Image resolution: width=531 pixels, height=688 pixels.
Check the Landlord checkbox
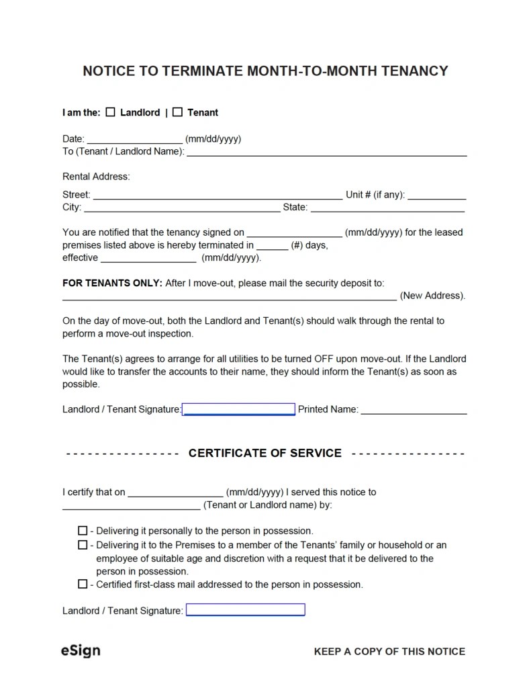click(x=111, y=112)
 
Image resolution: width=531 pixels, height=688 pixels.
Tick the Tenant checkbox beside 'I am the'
click(x=177, y=112)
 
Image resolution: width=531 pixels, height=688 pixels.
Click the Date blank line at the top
click(x=134, y=140)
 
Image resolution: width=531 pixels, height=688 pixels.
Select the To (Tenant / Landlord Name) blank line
click(x=326, y=152)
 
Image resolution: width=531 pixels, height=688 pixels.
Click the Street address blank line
click(x=218, y=195)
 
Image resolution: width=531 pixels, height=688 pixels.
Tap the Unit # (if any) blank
click(x=436, y=195)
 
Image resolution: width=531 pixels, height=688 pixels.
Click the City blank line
click(x=181, y=208)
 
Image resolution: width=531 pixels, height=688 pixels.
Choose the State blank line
click(x=388, y=208)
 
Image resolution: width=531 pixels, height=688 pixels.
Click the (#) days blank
click(x=272, y=245)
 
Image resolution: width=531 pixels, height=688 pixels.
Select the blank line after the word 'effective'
click(x=148, y=258)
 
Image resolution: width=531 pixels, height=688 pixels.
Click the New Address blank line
click(x=229, y=296)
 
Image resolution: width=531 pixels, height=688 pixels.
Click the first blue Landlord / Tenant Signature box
click(x=238, y=409)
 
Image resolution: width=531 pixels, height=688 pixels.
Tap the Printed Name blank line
click(x=414, y=409)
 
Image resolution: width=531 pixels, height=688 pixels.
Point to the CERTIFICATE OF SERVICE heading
click(x=264, y=453)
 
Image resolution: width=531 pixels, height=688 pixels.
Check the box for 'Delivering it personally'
click(x=83, y=530)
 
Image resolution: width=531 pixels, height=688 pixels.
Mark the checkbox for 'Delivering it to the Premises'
click(x=83, y=545)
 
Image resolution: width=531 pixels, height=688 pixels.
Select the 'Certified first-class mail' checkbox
click(x=83, y=585)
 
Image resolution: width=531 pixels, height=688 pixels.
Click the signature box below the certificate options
click(x=245, y=610)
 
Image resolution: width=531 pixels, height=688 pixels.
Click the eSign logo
click(x=81, y=650)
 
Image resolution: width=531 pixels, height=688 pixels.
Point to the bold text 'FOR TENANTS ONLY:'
click(x=112, y=283)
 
